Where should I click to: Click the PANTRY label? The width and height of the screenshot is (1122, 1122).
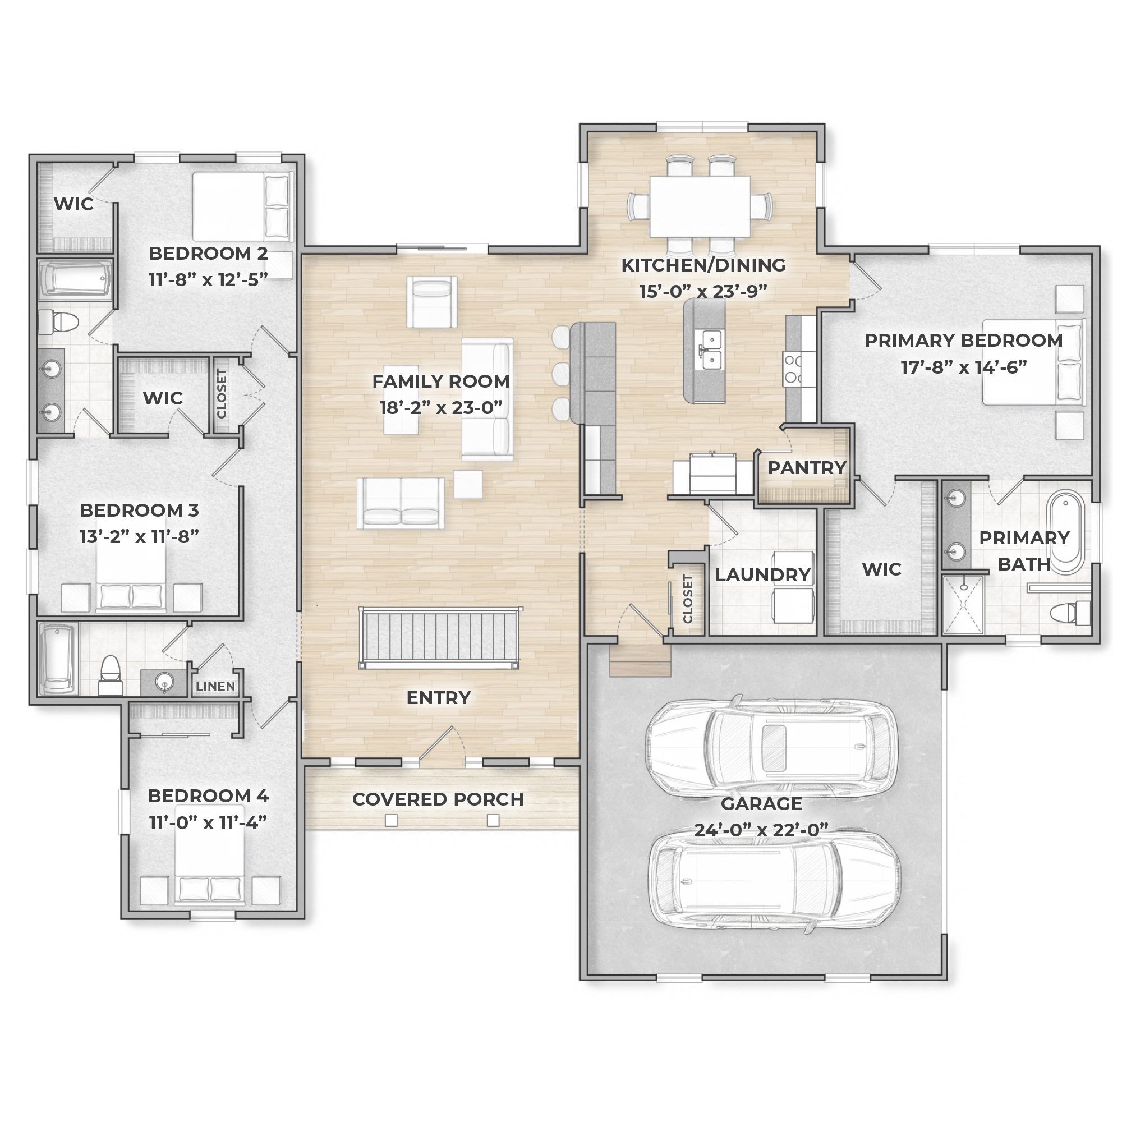coord(807,467)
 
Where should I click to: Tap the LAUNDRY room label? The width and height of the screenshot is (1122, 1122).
coord(762,575)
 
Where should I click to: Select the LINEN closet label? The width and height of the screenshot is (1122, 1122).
coord(215,686)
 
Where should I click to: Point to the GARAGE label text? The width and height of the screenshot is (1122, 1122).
coord(761,804)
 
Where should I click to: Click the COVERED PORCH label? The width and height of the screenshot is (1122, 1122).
coord(438,799)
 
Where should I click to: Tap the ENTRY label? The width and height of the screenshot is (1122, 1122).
coord(439,697)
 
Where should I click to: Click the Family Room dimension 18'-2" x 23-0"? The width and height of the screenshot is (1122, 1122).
coord(441,408)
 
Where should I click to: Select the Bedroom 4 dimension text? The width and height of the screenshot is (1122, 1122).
coord(208,822)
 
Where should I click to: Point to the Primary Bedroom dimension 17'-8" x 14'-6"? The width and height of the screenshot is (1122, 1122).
coord(963,367)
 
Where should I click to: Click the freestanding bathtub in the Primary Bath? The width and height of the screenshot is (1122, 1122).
coord(1065,533)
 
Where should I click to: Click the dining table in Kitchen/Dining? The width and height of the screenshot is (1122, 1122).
coord(700,207)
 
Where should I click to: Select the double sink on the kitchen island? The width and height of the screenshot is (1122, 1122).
coord(710,350)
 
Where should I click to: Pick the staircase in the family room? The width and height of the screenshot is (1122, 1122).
coord(440,638)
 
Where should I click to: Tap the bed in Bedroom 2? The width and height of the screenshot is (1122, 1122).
coord(241,207)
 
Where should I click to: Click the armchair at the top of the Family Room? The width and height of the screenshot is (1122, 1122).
coord(431,302)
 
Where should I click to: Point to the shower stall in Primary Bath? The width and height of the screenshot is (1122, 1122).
coord(962,604)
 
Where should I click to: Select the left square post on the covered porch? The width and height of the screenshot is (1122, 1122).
coord(392,820)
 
